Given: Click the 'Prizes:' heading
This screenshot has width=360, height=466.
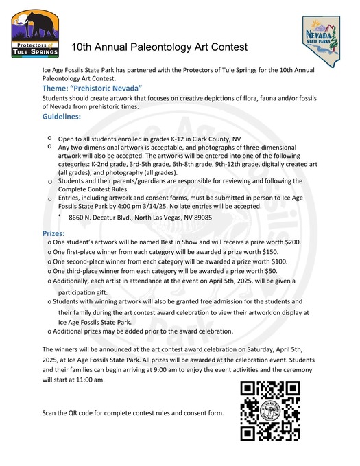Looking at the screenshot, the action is (x=53, y=234).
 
